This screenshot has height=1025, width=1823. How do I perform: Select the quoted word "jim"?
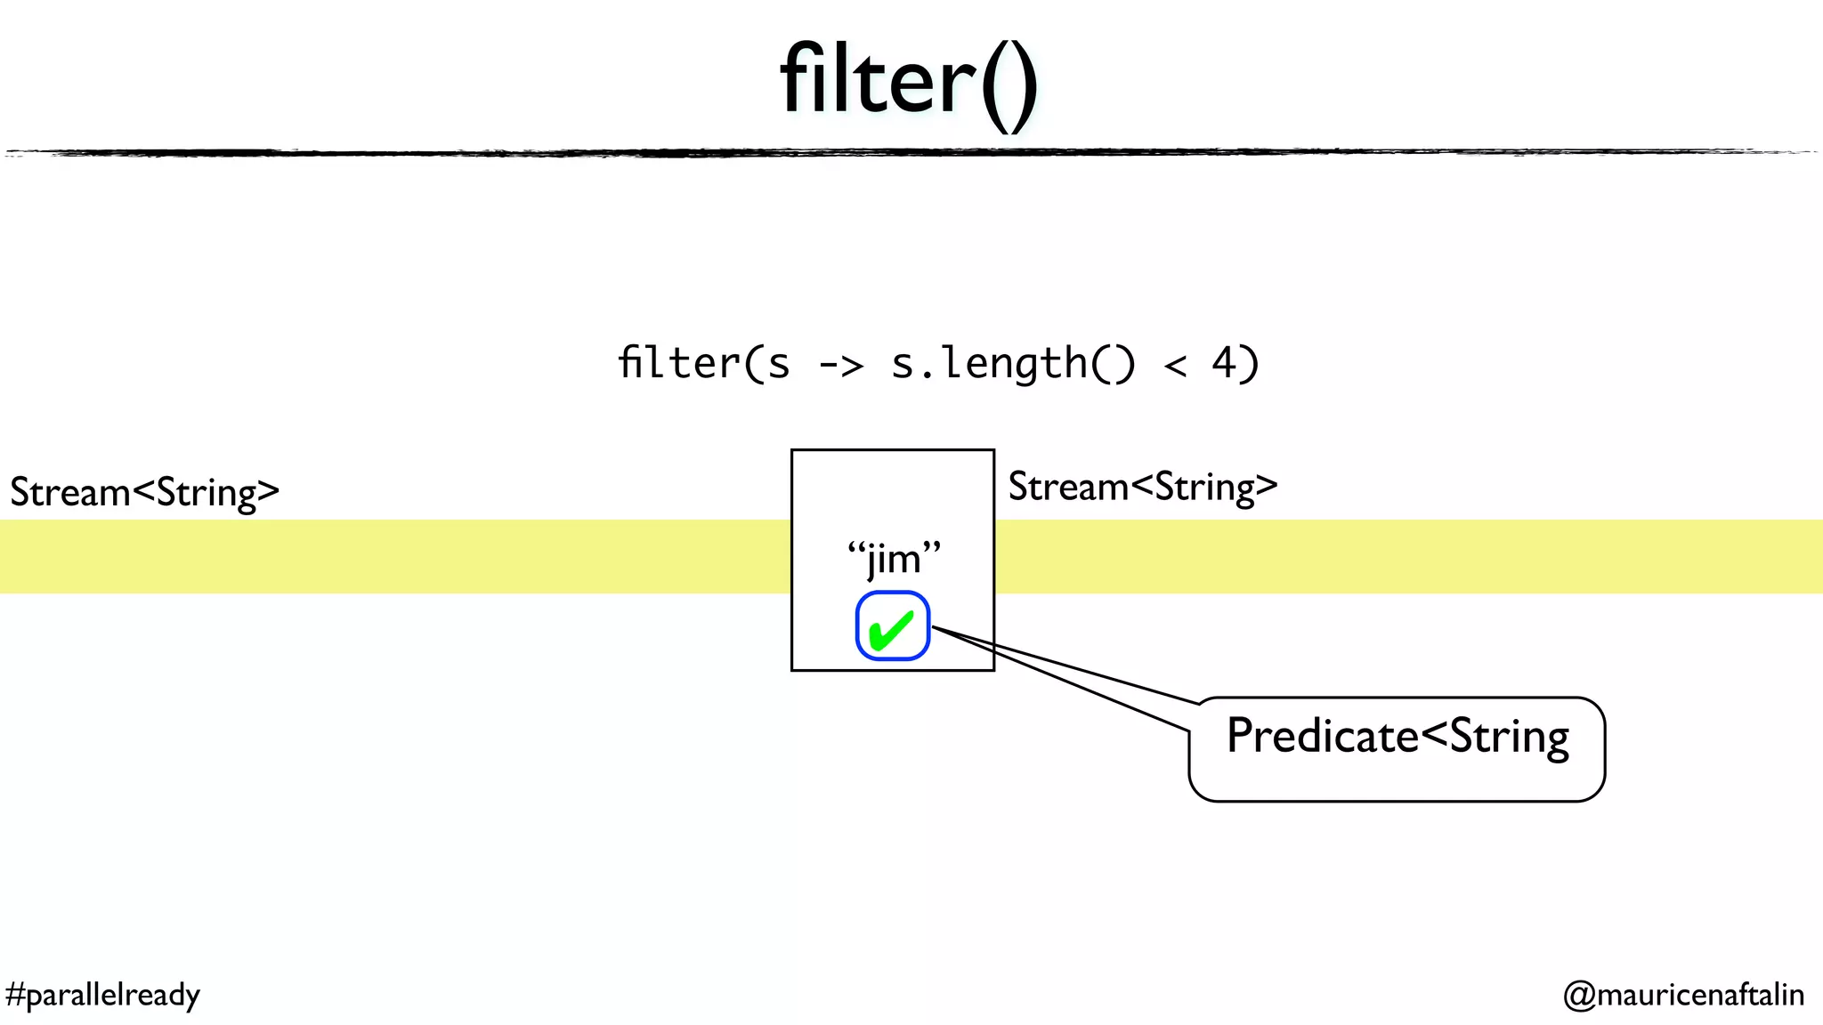(894, 559)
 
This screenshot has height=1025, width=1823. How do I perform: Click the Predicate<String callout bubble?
(1397, 749)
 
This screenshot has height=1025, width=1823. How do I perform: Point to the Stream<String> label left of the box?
(145, 492)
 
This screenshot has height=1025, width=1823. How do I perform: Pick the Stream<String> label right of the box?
(1143, 487)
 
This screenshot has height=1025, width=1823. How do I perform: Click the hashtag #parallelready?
(102, 994)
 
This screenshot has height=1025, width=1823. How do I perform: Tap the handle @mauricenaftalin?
(1683, 994)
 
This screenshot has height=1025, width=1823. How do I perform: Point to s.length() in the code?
(1013, 363)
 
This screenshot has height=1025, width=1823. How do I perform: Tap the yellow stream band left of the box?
(392, 556)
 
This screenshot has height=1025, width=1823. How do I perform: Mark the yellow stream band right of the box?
(1406, 556)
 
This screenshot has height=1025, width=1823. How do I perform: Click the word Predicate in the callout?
(1322, 736)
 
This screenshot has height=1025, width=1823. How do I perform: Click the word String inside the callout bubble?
(1510, 737)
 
